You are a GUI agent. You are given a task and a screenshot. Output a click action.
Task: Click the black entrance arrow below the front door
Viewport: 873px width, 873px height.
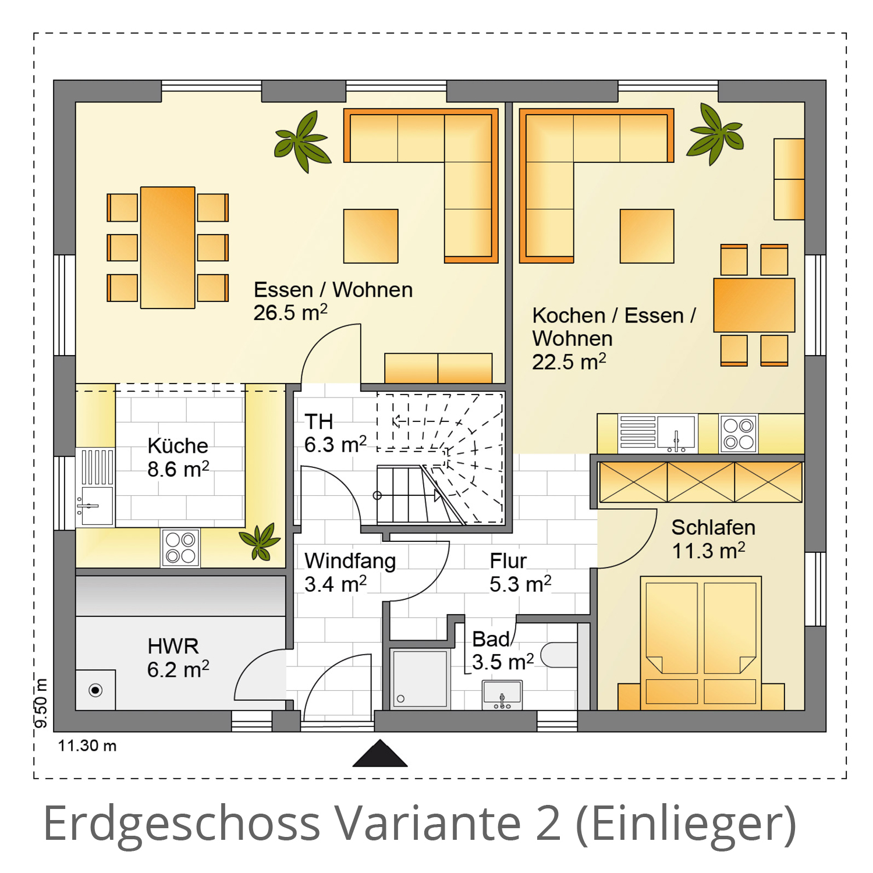[380, 753]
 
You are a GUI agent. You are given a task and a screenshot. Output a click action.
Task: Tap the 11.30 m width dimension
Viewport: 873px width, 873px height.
[87, 746]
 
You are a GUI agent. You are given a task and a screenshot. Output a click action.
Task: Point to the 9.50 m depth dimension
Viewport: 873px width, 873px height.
[41, 702]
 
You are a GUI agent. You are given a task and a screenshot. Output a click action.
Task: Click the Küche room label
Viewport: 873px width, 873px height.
[178, 446]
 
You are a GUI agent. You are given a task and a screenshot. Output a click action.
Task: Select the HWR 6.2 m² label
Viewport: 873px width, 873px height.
[178, 658]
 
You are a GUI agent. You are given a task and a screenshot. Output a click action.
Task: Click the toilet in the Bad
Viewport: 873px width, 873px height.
[559, 655]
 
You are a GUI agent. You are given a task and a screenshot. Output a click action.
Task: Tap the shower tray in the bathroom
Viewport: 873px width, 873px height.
[420, 679]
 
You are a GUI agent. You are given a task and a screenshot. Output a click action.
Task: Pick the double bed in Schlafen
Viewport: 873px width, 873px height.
[701, 643]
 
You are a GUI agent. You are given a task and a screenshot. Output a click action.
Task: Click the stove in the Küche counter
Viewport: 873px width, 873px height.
[180, 548]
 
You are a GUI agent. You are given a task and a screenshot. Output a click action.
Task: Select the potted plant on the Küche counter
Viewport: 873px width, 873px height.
[260, 541]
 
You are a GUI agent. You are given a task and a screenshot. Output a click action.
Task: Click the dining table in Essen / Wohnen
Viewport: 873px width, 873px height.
[168, 247]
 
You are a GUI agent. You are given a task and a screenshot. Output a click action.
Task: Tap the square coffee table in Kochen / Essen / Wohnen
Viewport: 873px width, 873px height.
[647, 236]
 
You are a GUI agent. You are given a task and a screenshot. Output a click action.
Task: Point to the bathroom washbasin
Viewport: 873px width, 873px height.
[502, 695]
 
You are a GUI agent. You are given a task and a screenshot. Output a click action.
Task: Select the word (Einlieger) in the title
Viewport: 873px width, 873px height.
[686, 824]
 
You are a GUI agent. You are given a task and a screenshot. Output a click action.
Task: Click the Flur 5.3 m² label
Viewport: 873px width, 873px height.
[520, 573]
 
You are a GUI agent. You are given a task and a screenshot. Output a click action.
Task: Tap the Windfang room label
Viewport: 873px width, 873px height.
[350, 561]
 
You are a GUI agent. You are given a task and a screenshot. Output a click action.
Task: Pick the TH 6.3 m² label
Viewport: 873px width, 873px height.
[335, 433]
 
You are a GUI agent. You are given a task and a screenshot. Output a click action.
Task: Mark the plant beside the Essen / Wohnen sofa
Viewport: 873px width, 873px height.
[303, 141]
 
